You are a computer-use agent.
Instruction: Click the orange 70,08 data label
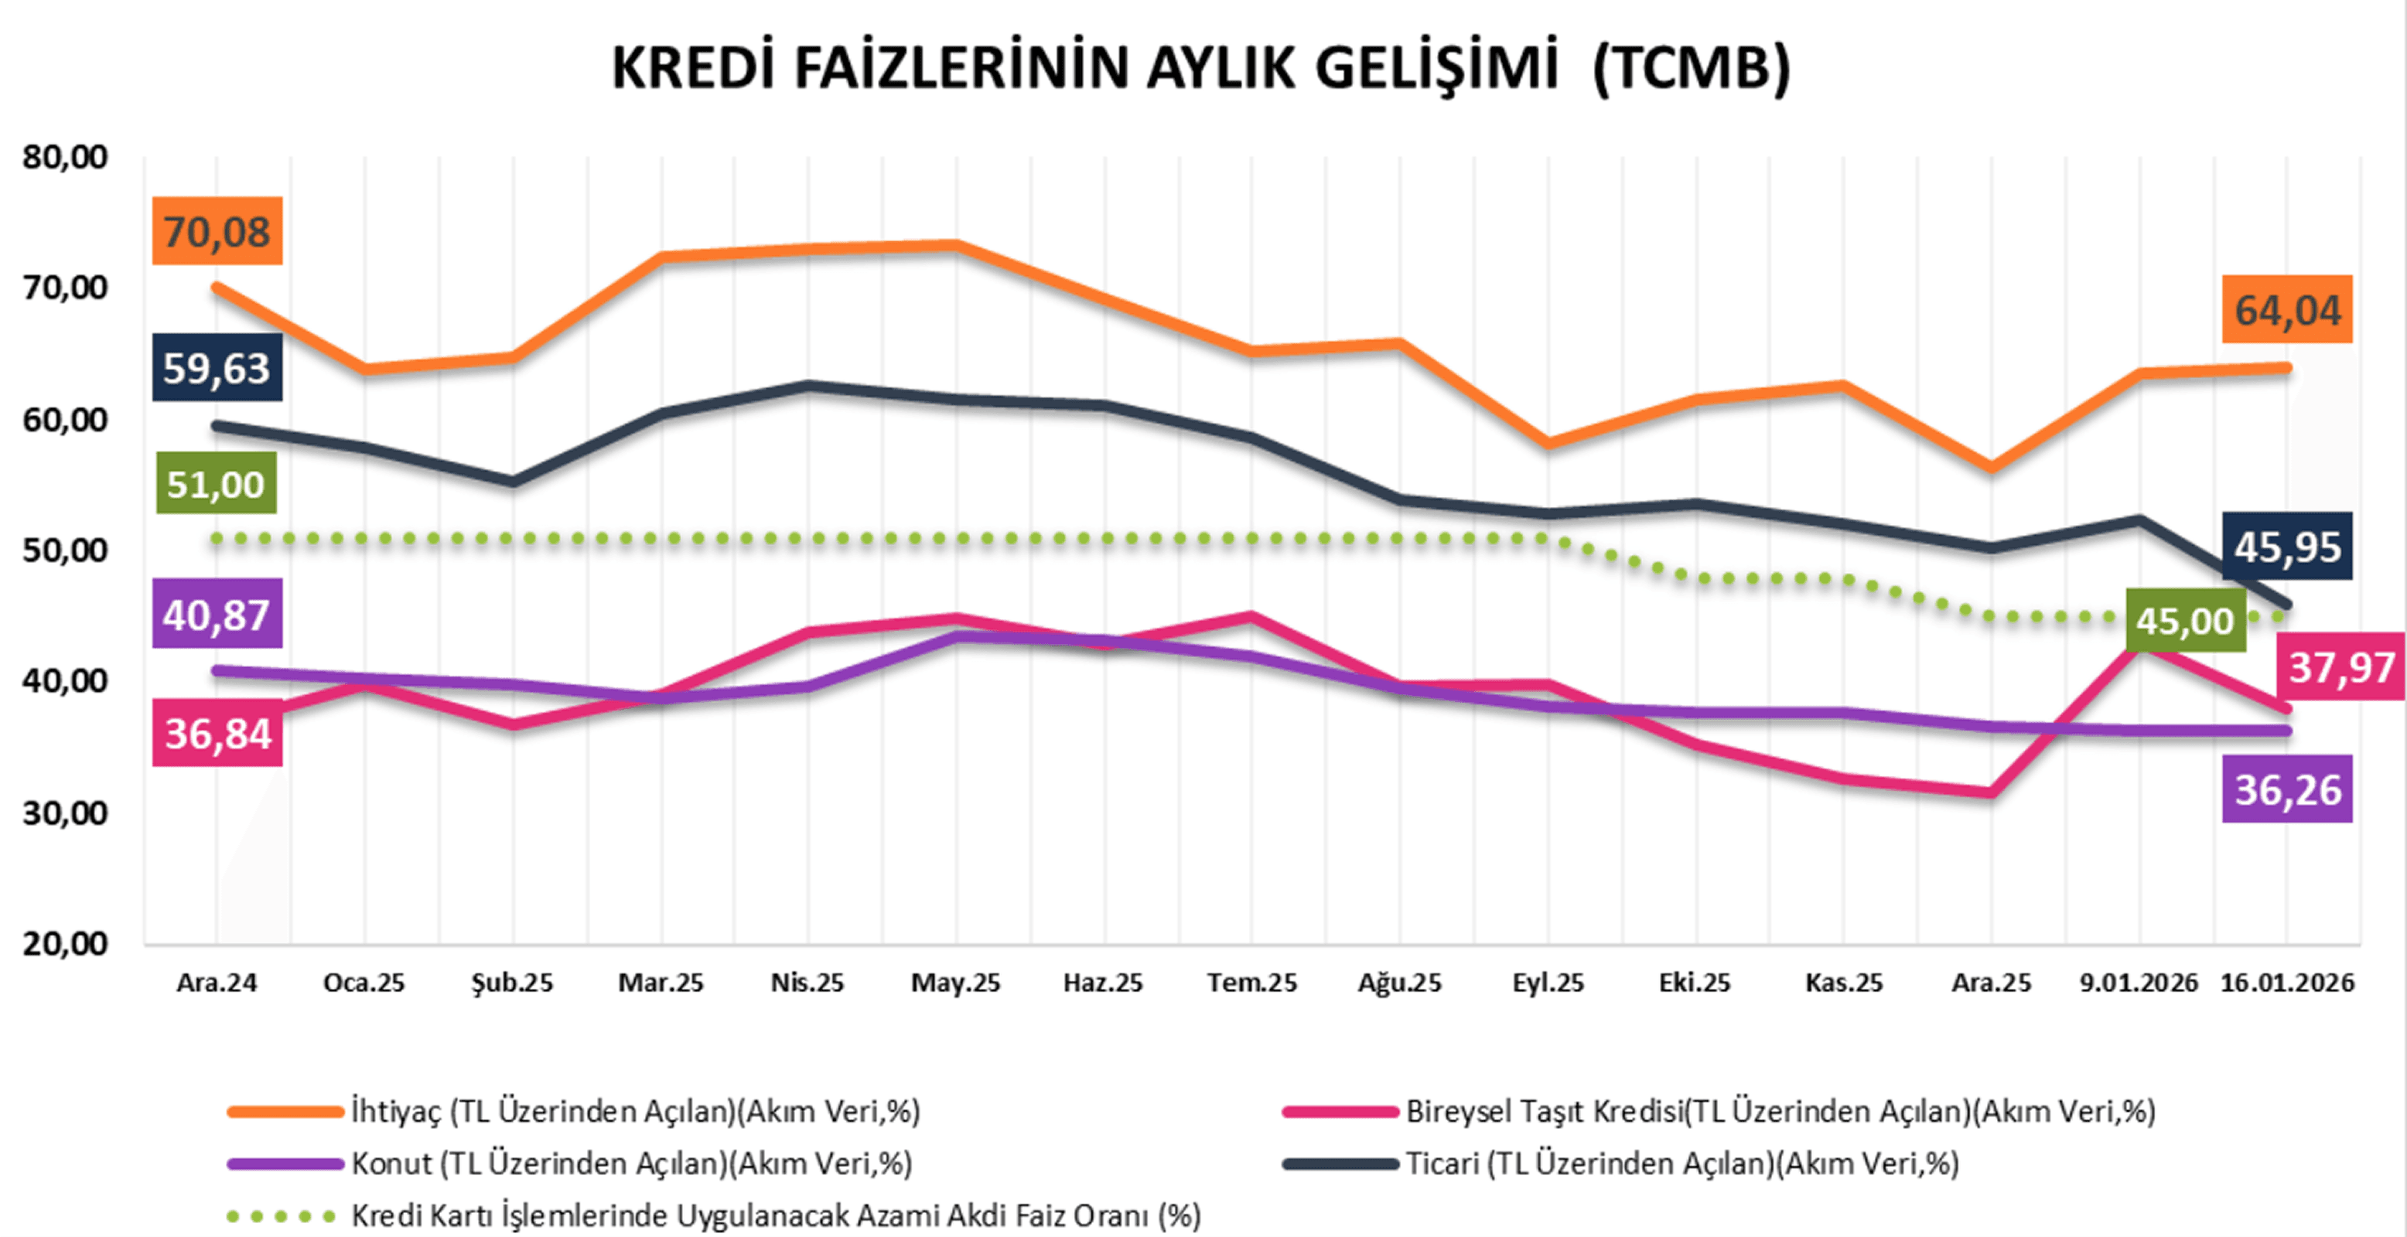[x=217, y=230]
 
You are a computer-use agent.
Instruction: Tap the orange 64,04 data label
[x=2286, y=309]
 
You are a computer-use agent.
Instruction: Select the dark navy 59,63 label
[x=217, y=367]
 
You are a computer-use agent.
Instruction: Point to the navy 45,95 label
[x=2286, y=547]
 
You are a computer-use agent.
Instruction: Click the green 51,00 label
[x=216, y=483]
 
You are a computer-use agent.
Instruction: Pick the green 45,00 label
[x=2184, y=620]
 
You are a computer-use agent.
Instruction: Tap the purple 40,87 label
[x=217, y=614]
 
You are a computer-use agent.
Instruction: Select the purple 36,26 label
[x=2286, y=789]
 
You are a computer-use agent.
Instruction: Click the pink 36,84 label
[x=217, y=734]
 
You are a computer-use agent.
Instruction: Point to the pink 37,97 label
[x=2340, y=666]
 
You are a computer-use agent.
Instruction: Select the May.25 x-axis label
[x=955, y=983]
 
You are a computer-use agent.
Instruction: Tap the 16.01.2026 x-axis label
[x=2286, y=983]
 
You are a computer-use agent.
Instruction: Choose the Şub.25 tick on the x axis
[x=512, y=983]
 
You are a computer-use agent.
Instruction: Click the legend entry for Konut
[x=630, y=1164]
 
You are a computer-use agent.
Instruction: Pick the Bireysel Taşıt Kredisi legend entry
[x=1780, y=1111]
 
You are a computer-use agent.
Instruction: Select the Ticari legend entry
[x=1682, y=1164]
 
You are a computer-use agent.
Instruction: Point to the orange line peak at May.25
[x=955, y=246]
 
